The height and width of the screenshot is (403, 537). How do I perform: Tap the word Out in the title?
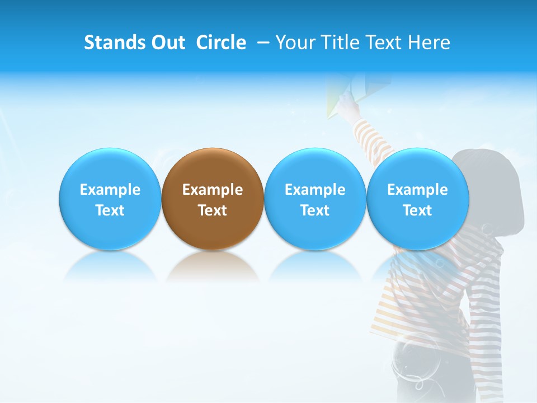pos(166,43)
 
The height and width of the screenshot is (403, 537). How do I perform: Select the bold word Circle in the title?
pos(221,43)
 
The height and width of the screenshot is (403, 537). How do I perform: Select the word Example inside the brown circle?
pos(213,190)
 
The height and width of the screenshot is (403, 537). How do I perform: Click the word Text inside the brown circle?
pos(213,210)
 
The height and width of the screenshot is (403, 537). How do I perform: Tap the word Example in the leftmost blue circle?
pos(110,190)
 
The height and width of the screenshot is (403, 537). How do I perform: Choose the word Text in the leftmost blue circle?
pos(110,210)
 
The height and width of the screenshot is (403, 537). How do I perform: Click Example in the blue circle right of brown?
pos(315,190)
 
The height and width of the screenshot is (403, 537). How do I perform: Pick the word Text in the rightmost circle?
pos(417,210)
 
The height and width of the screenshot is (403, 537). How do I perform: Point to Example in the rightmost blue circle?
pos(417,190)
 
